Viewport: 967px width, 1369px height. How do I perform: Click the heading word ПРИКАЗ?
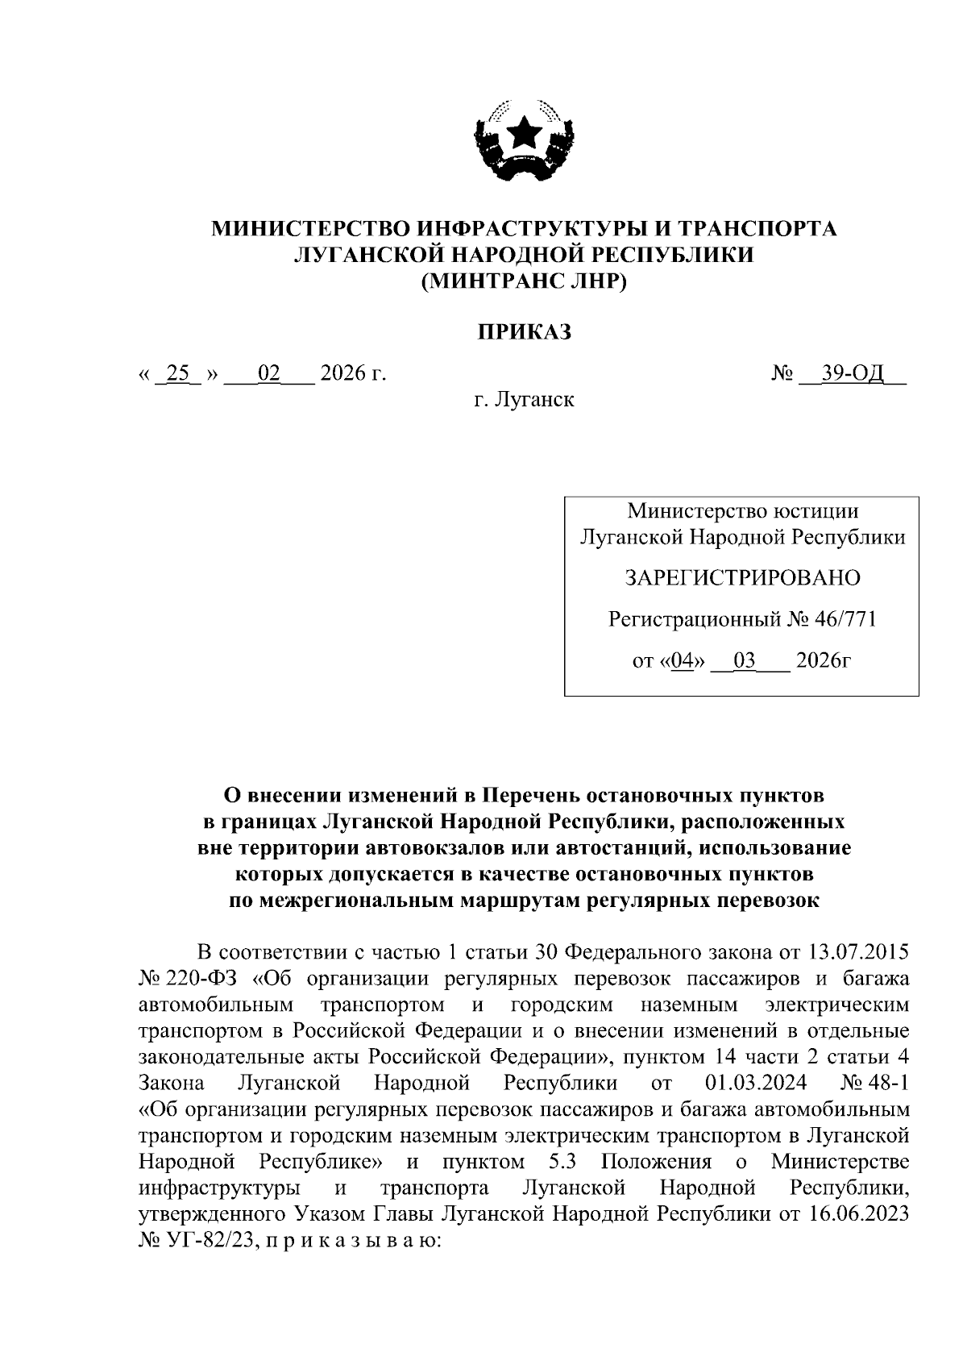click(x=524, y=331)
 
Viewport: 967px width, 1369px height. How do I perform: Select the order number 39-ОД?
click(x=853, y=373)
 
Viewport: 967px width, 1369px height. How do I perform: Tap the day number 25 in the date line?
click(x=176, y=373)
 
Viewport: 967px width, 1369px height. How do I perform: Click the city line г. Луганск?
click(x=524, y=398)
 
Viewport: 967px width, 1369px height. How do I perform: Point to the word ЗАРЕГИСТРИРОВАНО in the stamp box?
click(x=742, y=577)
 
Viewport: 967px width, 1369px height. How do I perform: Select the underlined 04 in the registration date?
click(x=682, y=661)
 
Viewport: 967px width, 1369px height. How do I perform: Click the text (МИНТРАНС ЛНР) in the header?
click(x=524, y=281)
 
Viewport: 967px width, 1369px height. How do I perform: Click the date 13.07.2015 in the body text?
click(x=857, y=952)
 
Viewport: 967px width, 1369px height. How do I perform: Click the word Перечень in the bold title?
click(x=535, y=796)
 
